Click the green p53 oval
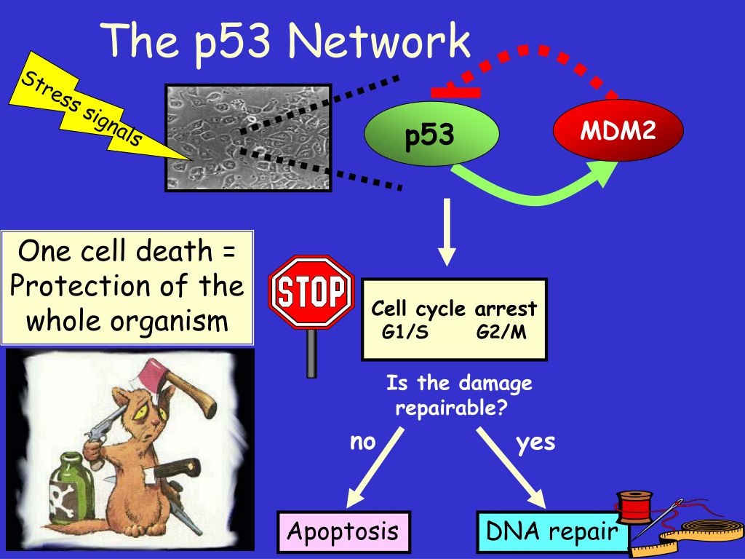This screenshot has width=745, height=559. click(x=431, y=134)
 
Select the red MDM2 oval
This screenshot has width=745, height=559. click(x=618, y=130)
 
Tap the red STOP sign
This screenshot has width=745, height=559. click(x=311, y=292)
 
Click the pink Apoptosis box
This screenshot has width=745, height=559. click(x=343, y=531)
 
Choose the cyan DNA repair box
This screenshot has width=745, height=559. click(x=553, y=531)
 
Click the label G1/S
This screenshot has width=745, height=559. click(x=405, y=332)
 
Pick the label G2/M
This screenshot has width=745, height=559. click(x=501, y=332)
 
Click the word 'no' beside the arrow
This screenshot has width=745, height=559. click(x=362, y=442)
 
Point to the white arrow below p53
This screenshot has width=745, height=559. click(x=447, y=232)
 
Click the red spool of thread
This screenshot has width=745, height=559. click(x=634, y=507)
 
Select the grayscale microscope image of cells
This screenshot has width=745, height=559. click(x=248, y=138)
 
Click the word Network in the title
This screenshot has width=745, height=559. click(x=379, y=40)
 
